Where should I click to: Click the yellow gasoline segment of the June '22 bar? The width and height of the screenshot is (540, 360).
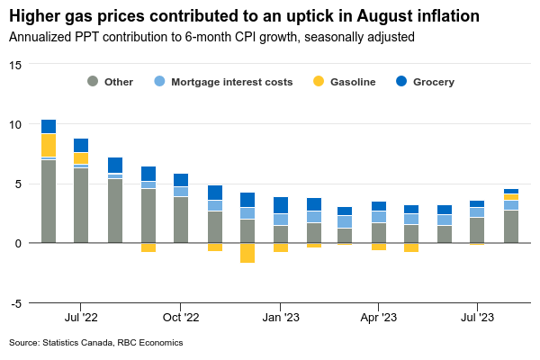pyautogui.click(x=49, y=146)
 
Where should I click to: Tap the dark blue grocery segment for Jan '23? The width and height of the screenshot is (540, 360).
pyautogui.click(x=281, y=205)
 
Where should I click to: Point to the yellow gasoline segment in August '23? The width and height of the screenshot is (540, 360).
pyautogui.click(x=510, y=197)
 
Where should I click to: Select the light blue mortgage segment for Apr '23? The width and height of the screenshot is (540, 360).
pyautogui.click(x=380, y=217)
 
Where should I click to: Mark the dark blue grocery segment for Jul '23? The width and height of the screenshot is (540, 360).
pyautogui.click(x=477, y=203)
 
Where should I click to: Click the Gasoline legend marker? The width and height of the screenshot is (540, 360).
pyautogui.click(x=319, y=82)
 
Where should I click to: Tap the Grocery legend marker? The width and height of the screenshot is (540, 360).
pyautogui.click(x=401, y=82)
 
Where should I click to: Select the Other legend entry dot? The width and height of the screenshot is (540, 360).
pyautogui.click(x=93, y=82)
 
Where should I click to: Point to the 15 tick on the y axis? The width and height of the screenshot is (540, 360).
pyautogui.click(x=16, y=65)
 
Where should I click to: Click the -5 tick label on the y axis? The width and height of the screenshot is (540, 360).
pyautogui.click(x=16, y=303)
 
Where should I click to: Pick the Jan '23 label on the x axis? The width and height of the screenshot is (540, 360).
pyautogui.click(x=281, y=317)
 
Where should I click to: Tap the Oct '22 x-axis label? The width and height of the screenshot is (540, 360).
pyautogui.click(x=181, y=317)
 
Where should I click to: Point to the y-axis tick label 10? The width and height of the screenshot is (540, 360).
pyautogui.click(x=16, y=124)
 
